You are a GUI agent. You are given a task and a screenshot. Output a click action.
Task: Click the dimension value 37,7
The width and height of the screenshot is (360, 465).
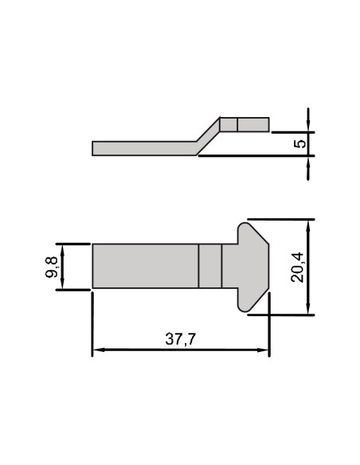(x=181, y=338)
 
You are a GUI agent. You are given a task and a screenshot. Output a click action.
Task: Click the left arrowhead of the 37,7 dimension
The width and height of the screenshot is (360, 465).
(x=96, y=350)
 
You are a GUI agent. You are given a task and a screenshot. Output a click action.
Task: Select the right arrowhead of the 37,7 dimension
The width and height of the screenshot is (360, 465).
(x=265, y=350)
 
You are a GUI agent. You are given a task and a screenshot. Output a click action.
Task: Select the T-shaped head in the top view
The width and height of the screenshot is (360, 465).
(x=246, y=266)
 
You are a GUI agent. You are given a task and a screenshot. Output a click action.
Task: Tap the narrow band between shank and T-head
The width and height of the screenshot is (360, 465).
(x=209, y=266)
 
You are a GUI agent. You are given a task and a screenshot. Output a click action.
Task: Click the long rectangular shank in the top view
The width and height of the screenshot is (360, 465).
(x=145, y=266)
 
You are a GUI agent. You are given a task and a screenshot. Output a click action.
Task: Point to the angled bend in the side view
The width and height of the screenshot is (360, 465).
(x=208, y=136)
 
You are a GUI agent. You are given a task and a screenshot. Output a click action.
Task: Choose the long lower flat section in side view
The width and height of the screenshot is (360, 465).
(x=143, y=148)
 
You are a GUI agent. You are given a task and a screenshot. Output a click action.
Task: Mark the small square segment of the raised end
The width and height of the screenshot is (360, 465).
(x=229, y=124)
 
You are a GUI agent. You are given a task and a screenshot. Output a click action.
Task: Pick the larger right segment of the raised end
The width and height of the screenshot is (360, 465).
(x=253, y=124)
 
